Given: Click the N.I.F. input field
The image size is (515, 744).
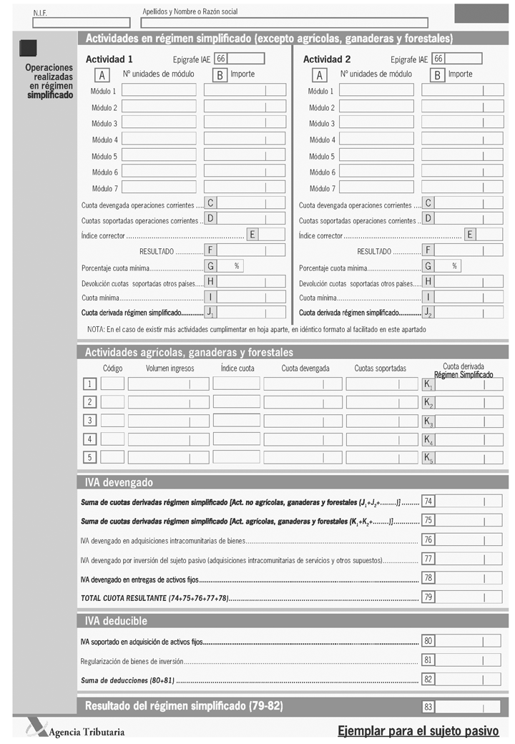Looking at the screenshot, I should [x=72, y=22].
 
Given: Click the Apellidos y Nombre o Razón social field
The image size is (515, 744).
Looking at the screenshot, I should [x=284, y=22].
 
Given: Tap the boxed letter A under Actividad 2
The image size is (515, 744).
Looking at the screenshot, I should [x=320, y=75].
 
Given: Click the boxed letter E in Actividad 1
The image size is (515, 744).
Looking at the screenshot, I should [x=253, y=235].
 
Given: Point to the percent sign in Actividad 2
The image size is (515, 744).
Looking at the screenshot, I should [x=454, y=266].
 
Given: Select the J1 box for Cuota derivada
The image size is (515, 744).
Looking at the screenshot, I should [x=211, y=313].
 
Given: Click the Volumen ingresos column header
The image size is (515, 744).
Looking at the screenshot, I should [x=170, y=368].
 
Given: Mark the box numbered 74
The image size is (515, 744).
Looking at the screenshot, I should [x=428, y=501].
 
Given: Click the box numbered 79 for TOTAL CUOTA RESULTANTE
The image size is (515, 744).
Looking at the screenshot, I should [x=428, y=597].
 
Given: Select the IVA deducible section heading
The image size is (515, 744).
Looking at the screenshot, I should [x=116, y=621].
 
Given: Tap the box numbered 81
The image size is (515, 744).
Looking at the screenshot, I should [x=428, y=660].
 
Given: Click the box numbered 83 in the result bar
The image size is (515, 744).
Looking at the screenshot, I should [x=428, y=707].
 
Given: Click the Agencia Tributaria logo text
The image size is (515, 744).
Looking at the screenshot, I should [x=87, y=731].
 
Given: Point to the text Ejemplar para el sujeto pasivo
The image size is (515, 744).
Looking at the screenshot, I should [x=418, y=730].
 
